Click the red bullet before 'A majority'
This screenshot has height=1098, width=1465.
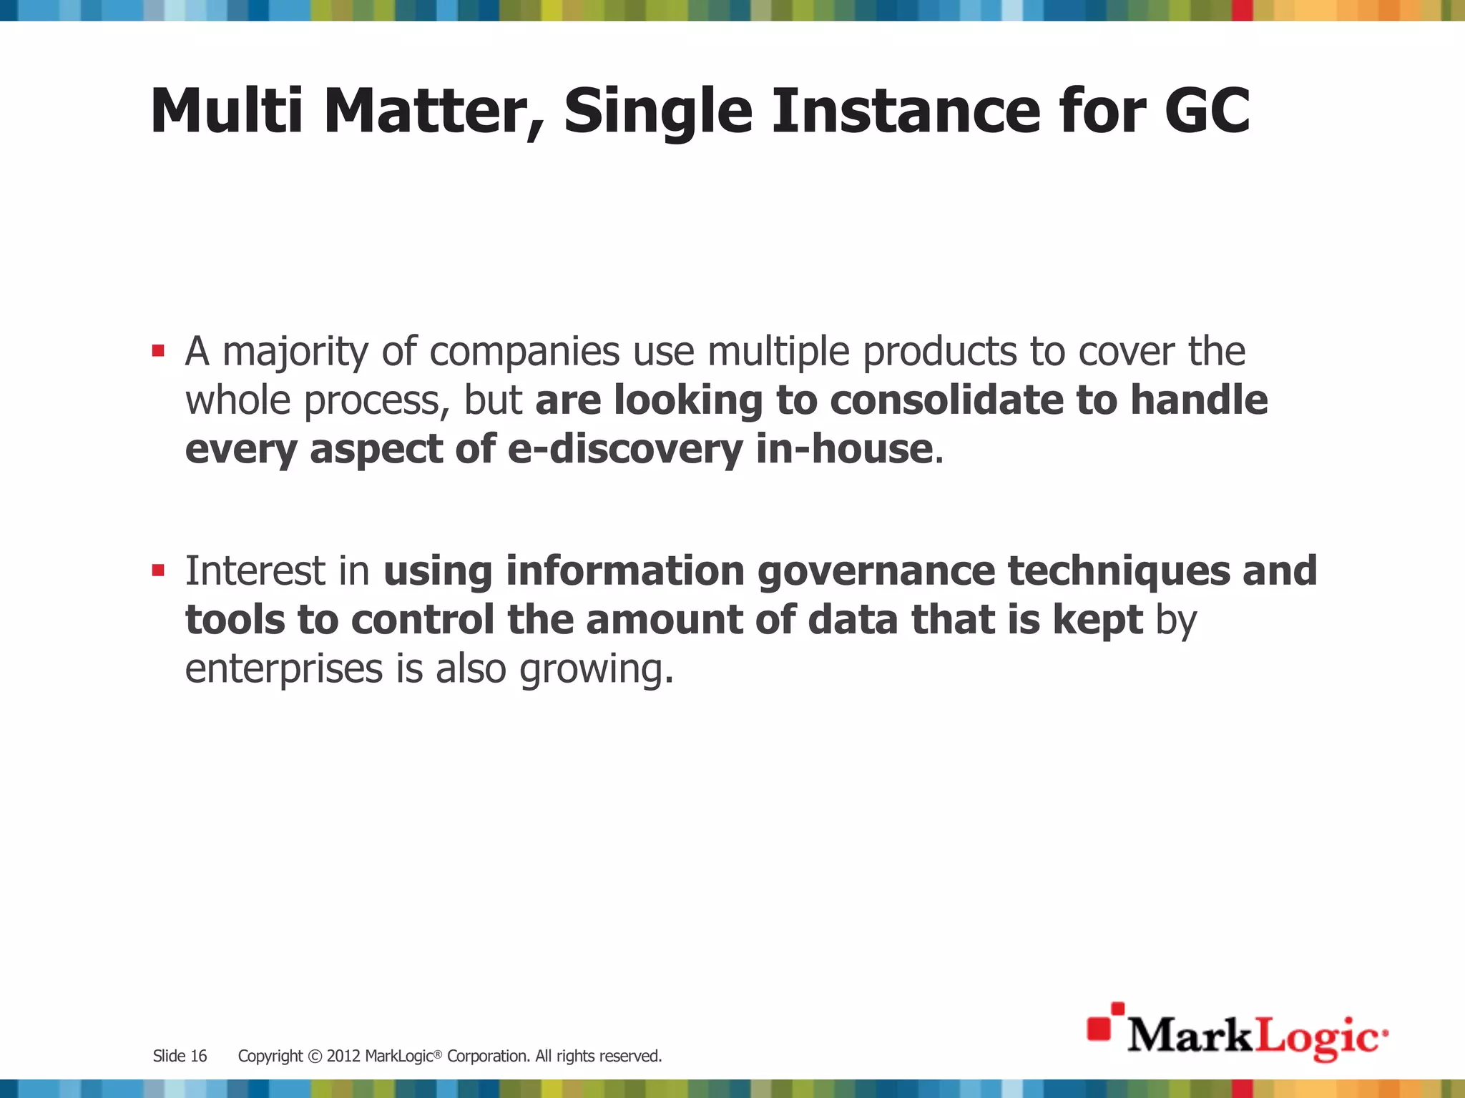click(158, 351)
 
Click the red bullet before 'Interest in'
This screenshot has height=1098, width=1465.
click(158, 570)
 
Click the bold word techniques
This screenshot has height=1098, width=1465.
click(1119, 572)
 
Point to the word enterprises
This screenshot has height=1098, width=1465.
click(284, 670)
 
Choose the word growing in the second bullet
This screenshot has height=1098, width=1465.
click(596, 670)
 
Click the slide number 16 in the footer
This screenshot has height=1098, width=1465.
click(199, 1056)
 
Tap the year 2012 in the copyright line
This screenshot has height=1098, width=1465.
click(343, 1056)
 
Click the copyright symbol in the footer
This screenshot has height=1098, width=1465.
click(315, 1056)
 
